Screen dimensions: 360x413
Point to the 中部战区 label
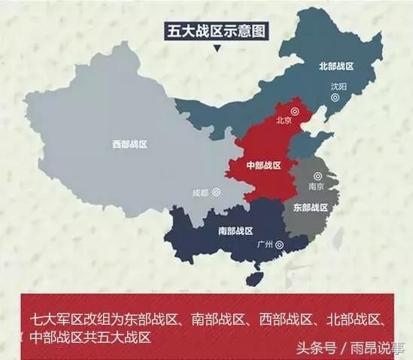(263, 165)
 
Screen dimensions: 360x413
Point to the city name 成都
(199, 191)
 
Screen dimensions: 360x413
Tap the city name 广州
(263, 244)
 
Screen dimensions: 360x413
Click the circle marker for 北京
(296, 110)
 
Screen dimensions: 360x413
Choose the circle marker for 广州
(280, 244)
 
